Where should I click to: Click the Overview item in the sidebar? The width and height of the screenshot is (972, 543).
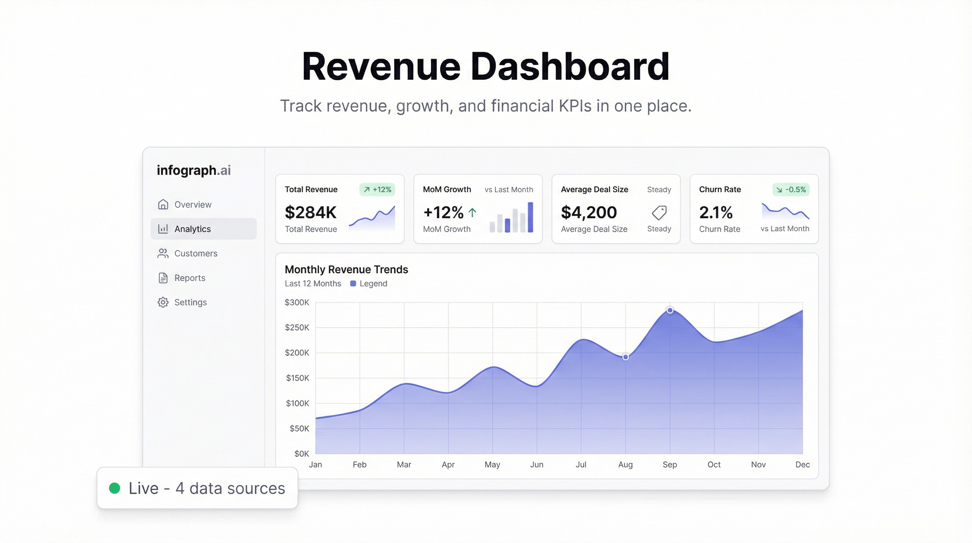point(192,204)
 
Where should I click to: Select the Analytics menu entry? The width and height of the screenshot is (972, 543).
point(192,229)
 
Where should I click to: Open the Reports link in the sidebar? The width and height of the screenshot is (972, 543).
point(189,278)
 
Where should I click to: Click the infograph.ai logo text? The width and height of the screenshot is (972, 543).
point(194,170)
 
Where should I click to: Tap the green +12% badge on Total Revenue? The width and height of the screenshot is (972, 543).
point(377,189)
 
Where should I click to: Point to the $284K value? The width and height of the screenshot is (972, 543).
point(310,212)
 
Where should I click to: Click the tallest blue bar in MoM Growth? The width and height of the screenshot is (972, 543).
point(530,217)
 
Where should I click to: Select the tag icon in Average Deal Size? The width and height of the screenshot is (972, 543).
point(659,212)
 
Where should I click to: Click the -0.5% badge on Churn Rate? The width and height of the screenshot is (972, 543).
point(791,189)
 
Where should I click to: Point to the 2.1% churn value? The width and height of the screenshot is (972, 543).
point(716,212)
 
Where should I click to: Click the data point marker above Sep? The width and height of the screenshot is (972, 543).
point(670,310)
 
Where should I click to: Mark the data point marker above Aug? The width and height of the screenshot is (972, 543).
point(626,357)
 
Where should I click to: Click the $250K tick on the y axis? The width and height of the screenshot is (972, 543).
point(297,327)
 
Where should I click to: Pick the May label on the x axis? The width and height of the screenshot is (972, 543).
point(492,465)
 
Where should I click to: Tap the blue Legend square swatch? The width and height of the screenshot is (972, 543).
point(353,284)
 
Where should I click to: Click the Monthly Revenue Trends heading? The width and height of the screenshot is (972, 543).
point(346,270)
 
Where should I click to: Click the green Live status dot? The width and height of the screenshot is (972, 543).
point(115,488)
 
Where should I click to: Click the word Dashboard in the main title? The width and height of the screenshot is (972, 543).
point(570,67)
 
